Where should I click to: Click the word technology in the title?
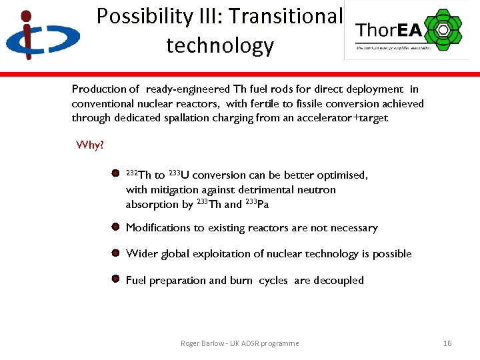tap(219, 45)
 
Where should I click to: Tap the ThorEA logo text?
tap(387, 30)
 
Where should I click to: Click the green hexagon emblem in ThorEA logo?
tap(441, 29)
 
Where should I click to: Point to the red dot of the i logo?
tap(25, 15)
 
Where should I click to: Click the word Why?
tap(90, 145)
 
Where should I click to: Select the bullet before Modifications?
tap(115, 227)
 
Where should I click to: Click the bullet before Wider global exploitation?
tap(115, 253)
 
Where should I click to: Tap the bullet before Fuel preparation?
tap(115, 279)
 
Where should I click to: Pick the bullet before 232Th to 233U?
tap(115, 175)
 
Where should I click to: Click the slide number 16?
tap(447, 343)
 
